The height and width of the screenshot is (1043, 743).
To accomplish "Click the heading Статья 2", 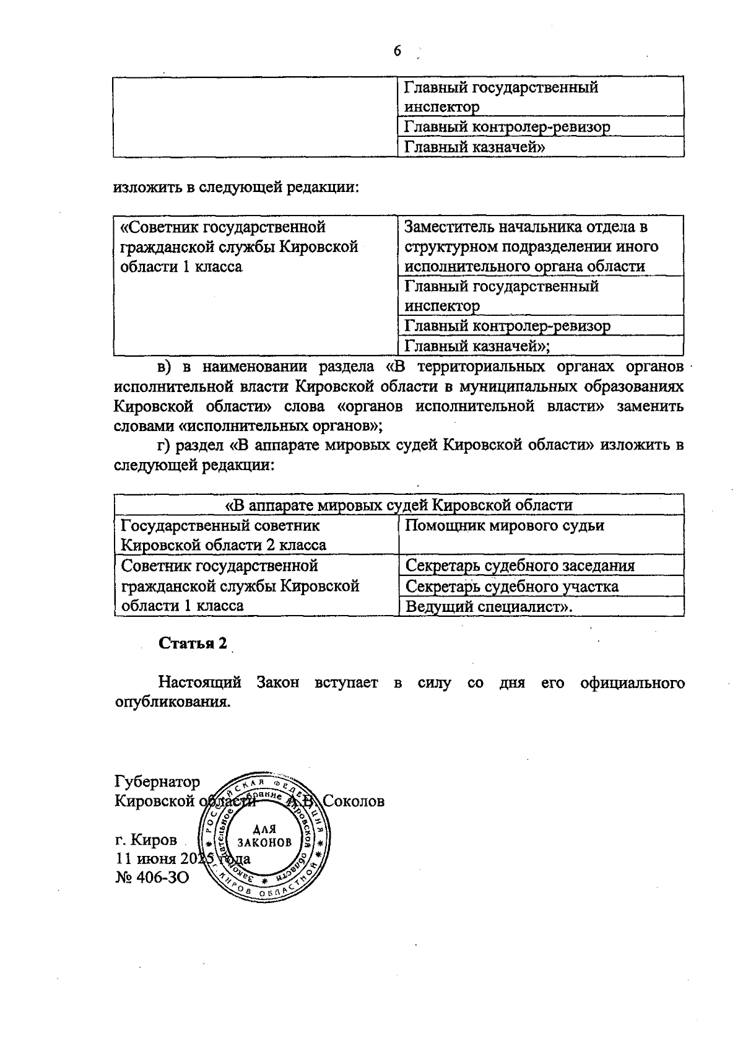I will pos(193,643).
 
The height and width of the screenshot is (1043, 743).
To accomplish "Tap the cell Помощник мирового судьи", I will pos(504,526).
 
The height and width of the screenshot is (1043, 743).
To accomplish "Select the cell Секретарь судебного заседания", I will pos(519,566).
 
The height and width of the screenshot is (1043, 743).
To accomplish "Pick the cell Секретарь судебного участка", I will pos(511,586).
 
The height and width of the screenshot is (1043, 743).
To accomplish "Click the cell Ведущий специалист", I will pos(489,606).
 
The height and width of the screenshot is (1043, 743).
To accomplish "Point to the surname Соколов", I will pos(354,801).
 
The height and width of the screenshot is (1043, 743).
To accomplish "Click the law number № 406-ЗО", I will pos(152,878).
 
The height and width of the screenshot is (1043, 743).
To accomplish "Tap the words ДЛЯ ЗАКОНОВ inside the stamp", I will pos(264,837).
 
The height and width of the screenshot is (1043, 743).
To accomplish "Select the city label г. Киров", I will pos(146,840).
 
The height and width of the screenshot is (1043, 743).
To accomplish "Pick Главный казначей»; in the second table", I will pos(477,346).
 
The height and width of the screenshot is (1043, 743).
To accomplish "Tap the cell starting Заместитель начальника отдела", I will pos(531,247).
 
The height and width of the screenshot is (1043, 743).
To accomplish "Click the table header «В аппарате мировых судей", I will pos(399,505).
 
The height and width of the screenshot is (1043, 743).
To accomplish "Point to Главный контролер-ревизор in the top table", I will pos(507,127).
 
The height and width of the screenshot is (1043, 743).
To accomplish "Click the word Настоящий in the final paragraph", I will pos(199,683).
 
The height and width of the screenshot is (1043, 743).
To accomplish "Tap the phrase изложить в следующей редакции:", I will pos(236,187).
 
